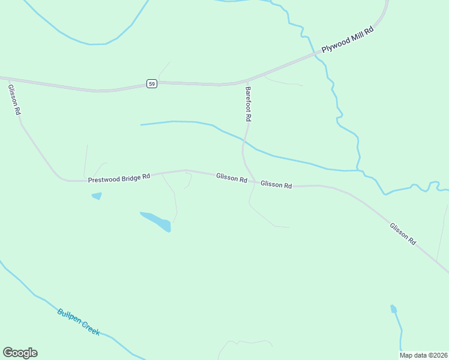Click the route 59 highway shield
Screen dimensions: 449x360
pyautogui.click(x=152, y=84)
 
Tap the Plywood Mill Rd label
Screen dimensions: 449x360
pyautogui.click(x=348, y=40)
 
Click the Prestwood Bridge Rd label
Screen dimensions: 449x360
pyautogui.click(x=118, y=179)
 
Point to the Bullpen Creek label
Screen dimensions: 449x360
pyautogui.click(x=79, y=322)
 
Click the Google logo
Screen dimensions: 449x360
pyautogui.click(x=20, y=353)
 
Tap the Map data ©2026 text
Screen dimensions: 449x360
pyautogui.click(x=424, y=355)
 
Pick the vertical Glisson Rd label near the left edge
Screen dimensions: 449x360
pyautogui.click(x=14, y=100)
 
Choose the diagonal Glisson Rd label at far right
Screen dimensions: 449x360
pyautogui.click(x=403, y=233)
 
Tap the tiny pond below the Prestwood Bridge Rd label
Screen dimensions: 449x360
pyautogui.click(x=96, y=196)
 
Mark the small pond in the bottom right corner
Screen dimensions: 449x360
pyautogui.click(x=394, y=310)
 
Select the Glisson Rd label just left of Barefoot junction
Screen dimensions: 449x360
pyautogui.click(x=232, y=178)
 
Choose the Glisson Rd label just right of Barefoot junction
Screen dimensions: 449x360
pyautogui.click(x=276, y=185)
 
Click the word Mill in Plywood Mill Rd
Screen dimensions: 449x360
pyautogui.click(x=355, y=37)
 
